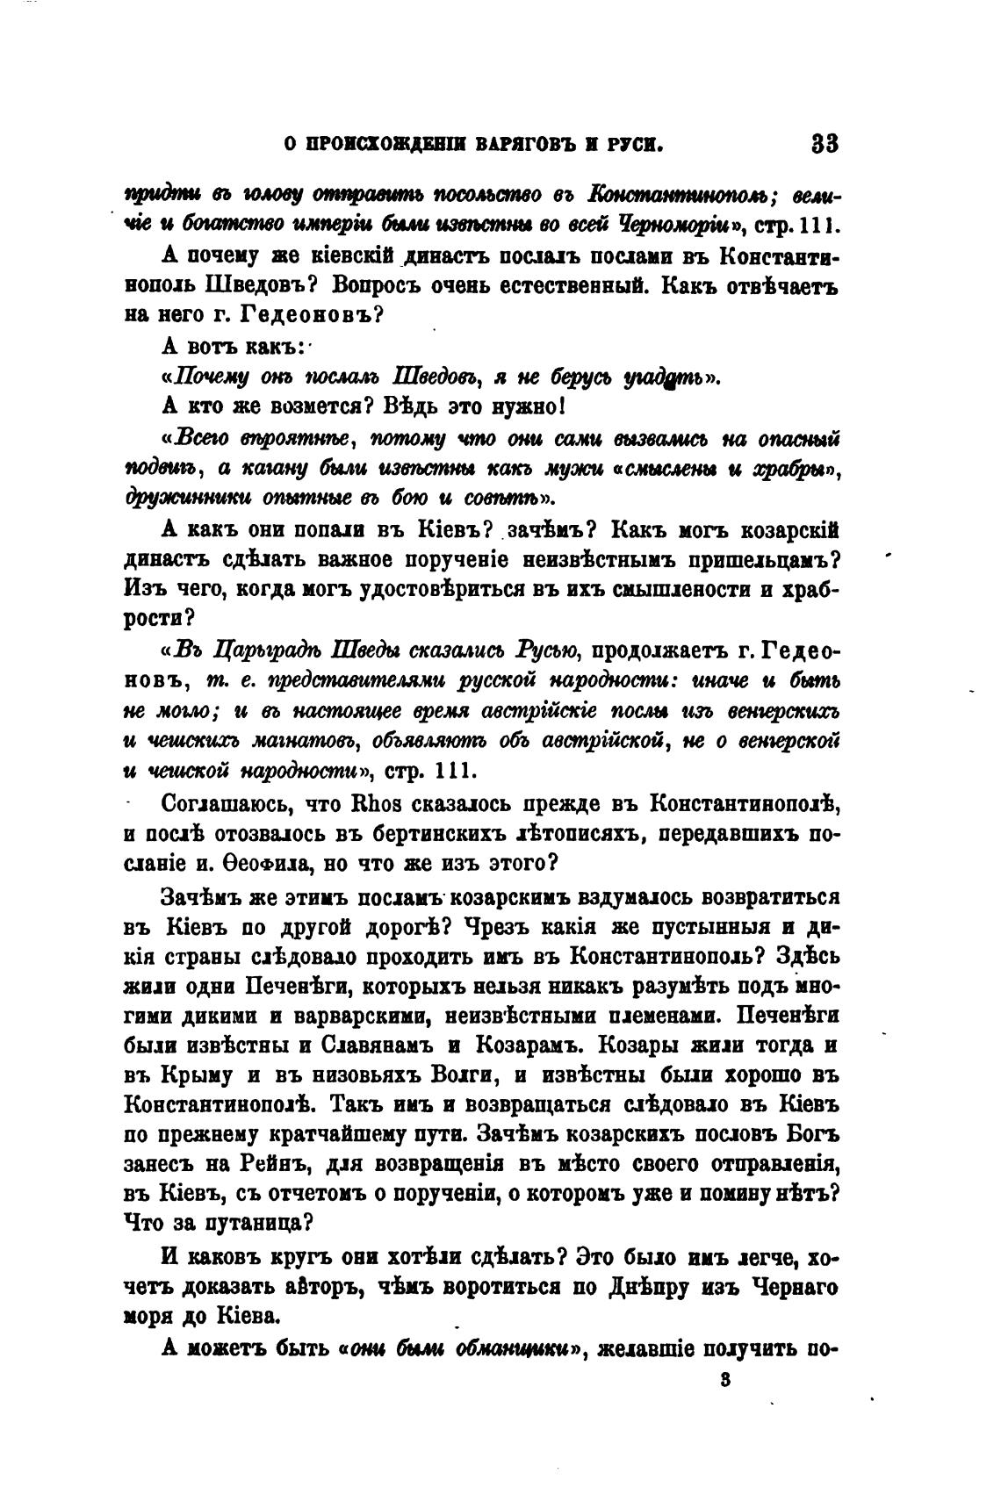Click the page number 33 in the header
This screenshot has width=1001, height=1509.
tap(826, 143)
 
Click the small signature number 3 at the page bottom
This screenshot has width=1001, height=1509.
tap(724, 1380)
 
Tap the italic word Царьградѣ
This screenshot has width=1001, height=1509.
tap(256, 650)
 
